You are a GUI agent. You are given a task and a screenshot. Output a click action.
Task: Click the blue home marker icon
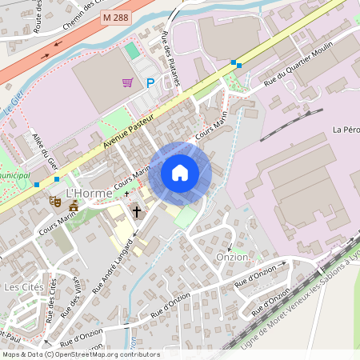[x=180, y=173]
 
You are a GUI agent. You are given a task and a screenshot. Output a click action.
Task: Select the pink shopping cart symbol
[x=127, y=82]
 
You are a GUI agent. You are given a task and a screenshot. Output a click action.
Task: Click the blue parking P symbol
[x=150, y=82]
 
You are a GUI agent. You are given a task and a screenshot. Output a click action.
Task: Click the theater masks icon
[x=55, y=202]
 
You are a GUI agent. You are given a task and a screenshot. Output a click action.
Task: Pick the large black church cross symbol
[x=137, y=212]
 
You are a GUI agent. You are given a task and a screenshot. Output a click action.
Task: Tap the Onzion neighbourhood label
[x=233, y=258]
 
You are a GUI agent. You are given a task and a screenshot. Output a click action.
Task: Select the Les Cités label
[x=22, y=286]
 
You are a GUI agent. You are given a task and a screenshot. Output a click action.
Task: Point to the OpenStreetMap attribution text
[x=80, y=354]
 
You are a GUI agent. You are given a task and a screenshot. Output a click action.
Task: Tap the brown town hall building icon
[x=73, y=207]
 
